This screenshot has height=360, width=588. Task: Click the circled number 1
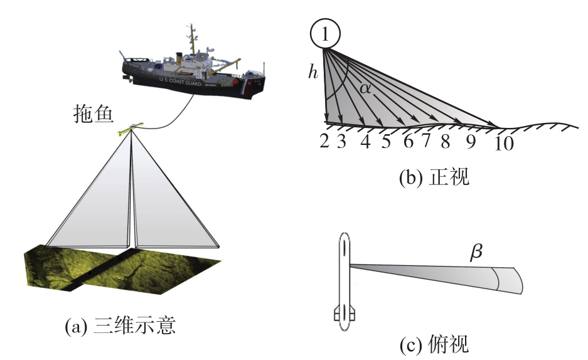pyautogui.click(x=325, y=34)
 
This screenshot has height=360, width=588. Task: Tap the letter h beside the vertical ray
pyautogui.click(x=313, y=71)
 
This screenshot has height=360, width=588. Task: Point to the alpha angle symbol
pyautogui.click(x=365, y=88)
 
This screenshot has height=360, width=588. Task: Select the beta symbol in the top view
pyautogui.click(x=476, y=252)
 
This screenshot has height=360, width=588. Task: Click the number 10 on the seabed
pyautogui.click(x=504, y=143)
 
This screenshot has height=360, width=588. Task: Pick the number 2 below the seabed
pyautogui.click(x=324, y=141)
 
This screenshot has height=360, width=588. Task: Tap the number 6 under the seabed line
pyautogui.click(x=409, y=141)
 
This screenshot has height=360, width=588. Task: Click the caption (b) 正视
pyautogui.click(x=434, y=177)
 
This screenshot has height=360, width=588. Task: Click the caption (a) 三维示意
pyautogui.click(x=120, y=325)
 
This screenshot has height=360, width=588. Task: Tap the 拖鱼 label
pyautogui.click(x=93, y=114)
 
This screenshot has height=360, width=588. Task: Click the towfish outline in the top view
pyautogui.click(x=345, y=282)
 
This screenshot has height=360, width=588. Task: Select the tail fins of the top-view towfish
pyautogui.click(x=345, y=313)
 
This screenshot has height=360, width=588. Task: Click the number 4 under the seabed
pyautogui.click(x=366, y=141)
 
